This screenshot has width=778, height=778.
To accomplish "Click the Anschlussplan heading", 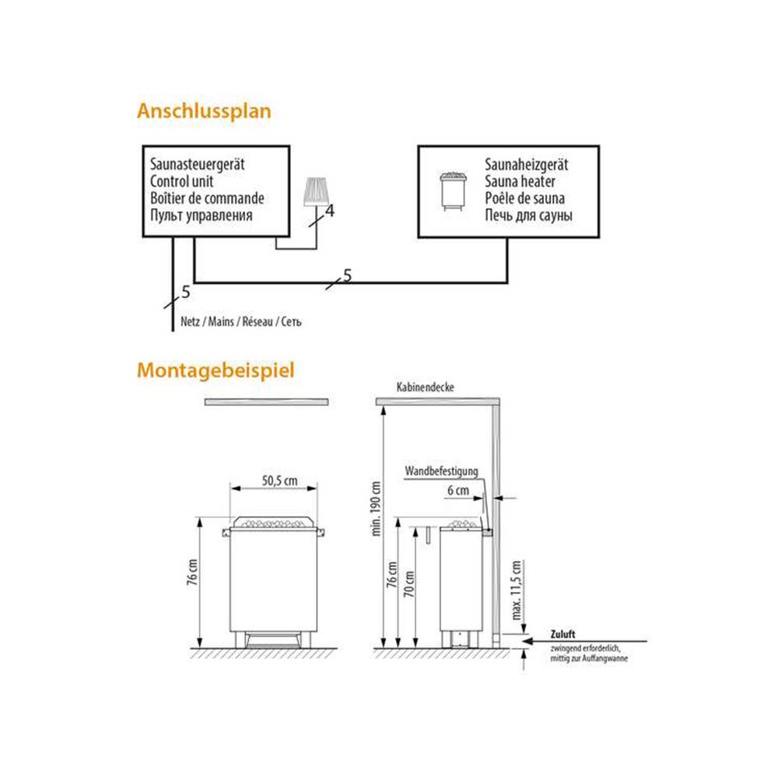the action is pyautogui.click(x=204, y=111).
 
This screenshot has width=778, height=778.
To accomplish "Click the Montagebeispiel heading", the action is pyautogui.click(x=216, y=371).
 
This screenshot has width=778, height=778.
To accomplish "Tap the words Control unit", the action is pyautogui.click(x=181, y=181).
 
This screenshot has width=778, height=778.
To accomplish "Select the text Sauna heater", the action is pyautogui.click(x=520, y=181).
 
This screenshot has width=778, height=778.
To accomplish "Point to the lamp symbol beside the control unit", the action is pyautogui.click(x=316, y=191).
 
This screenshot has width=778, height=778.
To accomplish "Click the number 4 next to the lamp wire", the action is pyautogui.click(x=330, y=211).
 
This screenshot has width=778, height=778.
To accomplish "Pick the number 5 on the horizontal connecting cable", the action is pyautogui.click(x=347, y=275).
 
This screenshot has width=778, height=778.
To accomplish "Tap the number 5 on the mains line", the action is pyautogui.click(x=186, y=293).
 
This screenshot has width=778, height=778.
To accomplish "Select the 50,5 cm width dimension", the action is pyautogui.click(x=280, y=481).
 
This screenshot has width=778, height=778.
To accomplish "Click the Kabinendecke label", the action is pyautogui.click(x=426, y=387).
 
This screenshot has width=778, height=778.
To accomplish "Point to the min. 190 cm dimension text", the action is pyautogui.click(x=376, y=509).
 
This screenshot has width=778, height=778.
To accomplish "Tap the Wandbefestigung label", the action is pyautogui.click(x=442, y=471).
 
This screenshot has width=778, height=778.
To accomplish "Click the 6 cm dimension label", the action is pyautogui.click(x=458, y=491).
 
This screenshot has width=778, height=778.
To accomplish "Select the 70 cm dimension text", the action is pyautogui.click(x=409, y=584).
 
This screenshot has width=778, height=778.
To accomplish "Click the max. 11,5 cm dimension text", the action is pyautogui.click(x=516, y=591).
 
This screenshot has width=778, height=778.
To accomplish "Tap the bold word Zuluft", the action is pyautogui.click(x=562, y=635).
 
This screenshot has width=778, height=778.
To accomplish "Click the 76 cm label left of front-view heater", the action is pyautogui.click(x=192, y=572).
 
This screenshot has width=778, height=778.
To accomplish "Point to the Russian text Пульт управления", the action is pyautogui.click(x=202, y=216).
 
